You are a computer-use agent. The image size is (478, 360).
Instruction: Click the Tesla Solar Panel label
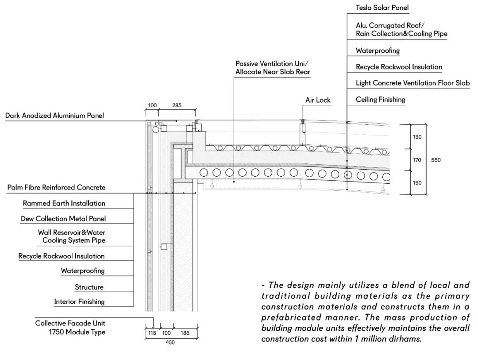382,8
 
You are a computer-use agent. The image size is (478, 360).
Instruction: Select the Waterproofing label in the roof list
378,50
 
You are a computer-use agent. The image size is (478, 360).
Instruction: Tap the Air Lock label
318,100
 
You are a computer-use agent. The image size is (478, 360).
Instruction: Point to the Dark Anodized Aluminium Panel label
54,116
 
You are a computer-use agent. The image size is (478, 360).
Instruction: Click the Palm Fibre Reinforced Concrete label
56,188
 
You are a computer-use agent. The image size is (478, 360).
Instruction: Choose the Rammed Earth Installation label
64,204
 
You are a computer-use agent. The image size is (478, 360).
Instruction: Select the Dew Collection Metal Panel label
63,219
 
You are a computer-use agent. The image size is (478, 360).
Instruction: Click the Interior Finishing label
79,302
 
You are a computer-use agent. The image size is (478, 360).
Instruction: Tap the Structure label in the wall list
89,287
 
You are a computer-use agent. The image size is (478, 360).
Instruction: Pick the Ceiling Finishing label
380,100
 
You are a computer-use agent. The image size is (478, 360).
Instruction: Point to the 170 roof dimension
417,160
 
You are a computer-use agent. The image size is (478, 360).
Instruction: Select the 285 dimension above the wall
177,106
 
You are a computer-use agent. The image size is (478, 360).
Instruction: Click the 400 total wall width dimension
170,342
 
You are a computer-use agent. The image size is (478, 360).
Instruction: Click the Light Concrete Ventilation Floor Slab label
412,83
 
